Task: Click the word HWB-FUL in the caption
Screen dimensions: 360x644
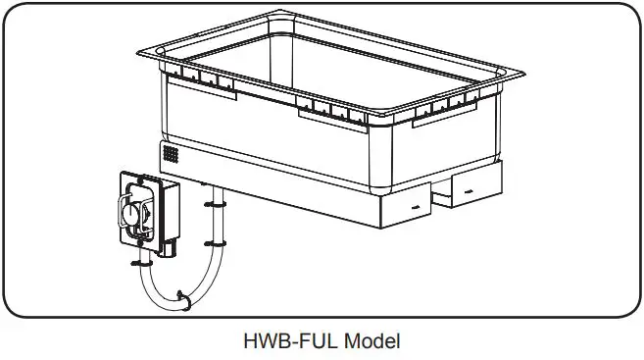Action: pos(285,341)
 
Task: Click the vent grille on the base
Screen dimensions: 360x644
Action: pos(172,155)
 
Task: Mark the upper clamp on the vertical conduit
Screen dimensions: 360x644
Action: pos(213,205)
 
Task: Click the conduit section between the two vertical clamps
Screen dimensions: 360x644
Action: pos(213,225)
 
